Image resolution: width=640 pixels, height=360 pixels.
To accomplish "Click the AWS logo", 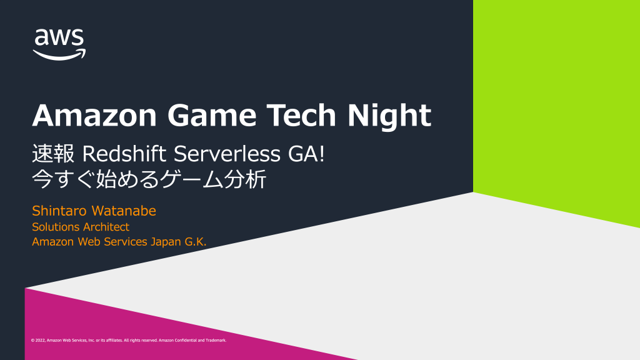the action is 59,44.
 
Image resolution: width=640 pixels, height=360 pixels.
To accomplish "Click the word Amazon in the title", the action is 95,115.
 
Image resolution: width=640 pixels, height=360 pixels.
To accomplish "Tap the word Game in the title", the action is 212,115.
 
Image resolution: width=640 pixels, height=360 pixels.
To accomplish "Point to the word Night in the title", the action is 389,116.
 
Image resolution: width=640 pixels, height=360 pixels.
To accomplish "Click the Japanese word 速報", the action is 53,154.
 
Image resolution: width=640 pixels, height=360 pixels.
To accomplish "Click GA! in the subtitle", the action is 306,154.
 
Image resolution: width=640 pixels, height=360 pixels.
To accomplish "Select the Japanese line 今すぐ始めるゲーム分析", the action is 149,179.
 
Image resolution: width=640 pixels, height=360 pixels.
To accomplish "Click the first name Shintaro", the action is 59,211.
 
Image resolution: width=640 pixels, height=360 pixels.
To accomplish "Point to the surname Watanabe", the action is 124,211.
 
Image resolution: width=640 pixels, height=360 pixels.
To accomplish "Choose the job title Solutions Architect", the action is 81,226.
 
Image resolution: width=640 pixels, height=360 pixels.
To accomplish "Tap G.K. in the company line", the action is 196,242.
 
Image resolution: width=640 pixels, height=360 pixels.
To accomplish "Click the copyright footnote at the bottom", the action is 129,340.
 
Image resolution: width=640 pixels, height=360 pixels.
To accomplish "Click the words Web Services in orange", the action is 112,242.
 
